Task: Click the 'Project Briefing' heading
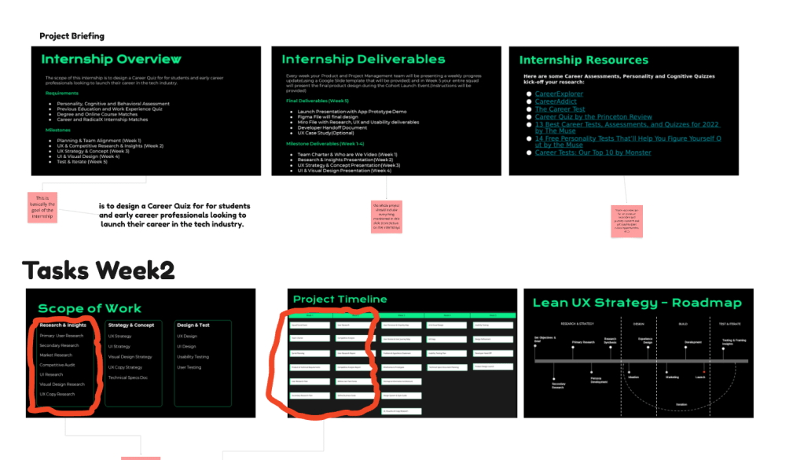[72, 36]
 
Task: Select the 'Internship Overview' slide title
[111, 59]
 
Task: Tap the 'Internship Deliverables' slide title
[363, 59]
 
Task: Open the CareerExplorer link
[559, 94]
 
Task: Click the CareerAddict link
[556, 101]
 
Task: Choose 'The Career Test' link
[560, 109]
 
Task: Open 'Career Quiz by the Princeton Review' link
[593, 116]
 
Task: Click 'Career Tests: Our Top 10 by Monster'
[593, 153]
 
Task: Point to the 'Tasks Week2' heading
[98, 270]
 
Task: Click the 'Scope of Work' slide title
[90, 308]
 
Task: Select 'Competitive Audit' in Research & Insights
[57, 365]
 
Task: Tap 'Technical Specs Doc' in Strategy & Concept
[128, 377]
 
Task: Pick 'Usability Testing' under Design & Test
[193, 356]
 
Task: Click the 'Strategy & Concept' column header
[131, 325]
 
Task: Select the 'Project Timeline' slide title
[340, 299]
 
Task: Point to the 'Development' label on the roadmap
[692, 342]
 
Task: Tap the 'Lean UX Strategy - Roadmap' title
[637, 303]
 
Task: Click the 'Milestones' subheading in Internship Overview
[57, 130]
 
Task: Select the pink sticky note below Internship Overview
[42, 208]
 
